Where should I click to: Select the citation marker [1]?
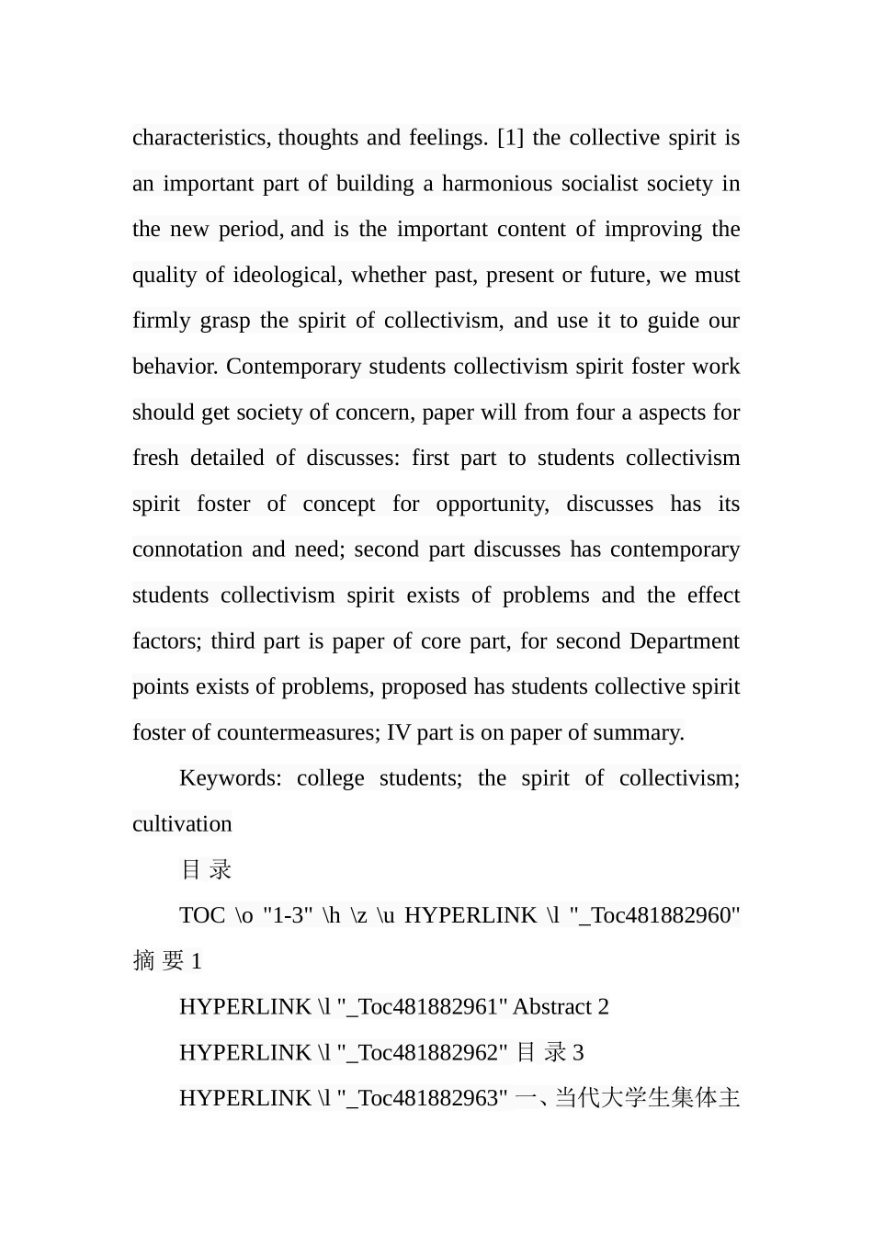pyautogui.click(x=510, y=138)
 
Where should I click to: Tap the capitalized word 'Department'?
pyautogui.click(x=684, y=640)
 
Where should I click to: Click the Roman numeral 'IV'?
pyautogui.click(x=399, y=732)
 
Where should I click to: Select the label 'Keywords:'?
pyautogui.click(x=231, y=778)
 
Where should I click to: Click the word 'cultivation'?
pyautogui.click(x=182, y=824)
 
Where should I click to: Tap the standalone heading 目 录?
pyautogui.click(x=206, y=869)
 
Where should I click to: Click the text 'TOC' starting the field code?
pyautogui.click(x=202, y=915)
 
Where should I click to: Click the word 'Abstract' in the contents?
pyautogui.click(x=551, y=1007)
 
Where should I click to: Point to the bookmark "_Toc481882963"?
pyautogui.click(x=423, y=1098)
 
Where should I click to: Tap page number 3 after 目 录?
pyautogui.click(x=578, y=1053)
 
